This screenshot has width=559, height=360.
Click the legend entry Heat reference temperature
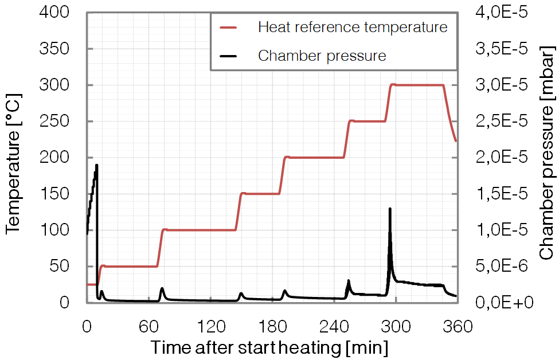tap(352, 27)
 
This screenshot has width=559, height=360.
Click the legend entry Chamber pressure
tap(322, 56)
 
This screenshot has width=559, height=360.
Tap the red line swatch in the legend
tap(229, 27)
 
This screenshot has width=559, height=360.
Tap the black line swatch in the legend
tap(229, 56)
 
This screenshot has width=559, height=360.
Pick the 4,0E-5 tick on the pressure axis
tap(498, 13)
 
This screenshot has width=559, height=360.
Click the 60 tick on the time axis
tap(148, 327)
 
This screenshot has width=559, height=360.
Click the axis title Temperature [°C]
tap(14, 158)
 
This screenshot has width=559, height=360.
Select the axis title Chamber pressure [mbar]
tap(547, 158)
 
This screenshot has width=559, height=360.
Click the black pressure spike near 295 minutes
tap(390, 210)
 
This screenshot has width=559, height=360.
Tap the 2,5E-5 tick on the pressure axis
tap(498, 122)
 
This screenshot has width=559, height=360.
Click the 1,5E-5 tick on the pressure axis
tap(498, 194)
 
